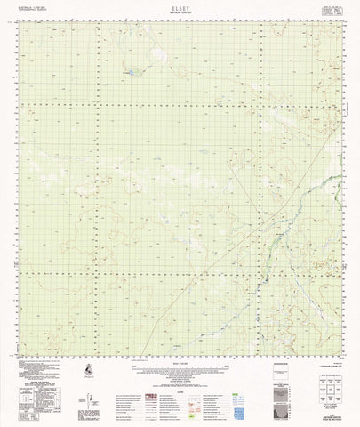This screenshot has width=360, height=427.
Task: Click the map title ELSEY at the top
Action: point(180,7)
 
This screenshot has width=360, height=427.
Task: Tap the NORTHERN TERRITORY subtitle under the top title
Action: point(180,12)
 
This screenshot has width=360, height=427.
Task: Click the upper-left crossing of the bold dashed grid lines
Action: point(94,103)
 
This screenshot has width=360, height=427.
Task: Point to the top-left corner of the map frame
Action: point(20,21)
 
